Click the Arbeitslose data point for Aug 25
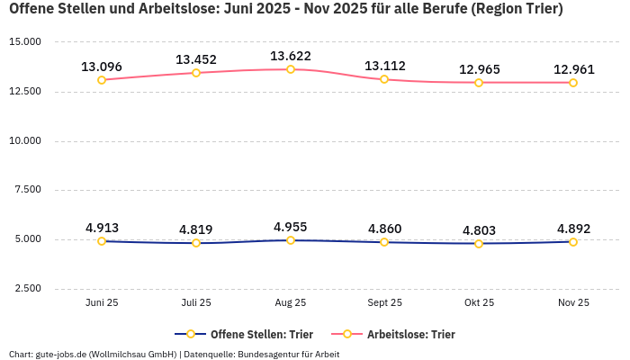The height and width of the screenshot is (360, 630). click(x=291, y=69)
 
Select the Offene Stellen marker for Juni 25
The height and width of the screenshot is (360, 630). click(x=102, y=241)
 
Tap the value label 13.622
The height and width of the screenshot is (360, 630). click(x=291, y=56)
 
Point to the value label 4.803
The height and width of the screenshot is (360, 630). click(x=479, y=230)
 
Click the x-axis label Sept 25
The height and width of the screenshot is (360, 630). click(x=384, y=302)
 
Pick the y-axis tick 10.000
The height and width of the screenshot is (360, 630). click(x=25, y=141)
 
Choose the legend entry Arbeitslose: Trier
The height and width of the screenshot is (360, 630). click(x=410, y=334)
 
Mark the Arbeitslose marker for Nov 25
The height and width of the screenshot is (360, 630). click(x=573, y=83)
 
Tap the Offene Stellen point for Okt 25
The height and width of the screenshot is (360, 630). click(x=479, y=244)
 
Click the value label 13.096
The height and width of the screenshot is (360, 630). click(x=102, y=67)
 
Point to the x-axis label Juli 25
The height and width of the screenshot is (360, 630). click(x=196, y=302)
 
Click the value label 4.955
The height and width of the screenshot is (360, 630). click(x=291, y=227)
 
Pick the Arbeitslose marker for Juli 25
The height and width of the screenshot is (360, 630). click(x=196, y=73)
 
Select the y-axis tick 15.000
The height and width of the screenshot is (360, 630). click(x=25, y=42)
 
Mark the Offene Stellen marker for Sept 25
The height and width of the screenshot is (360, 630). click(x=384, y=242)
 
